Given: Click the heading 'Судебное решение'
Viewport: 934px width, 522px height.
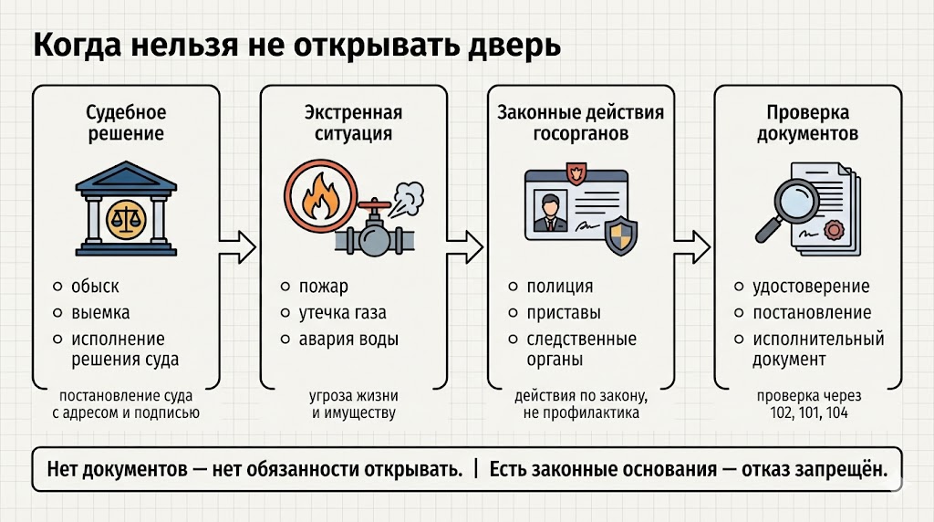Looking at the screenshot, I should [126, 123].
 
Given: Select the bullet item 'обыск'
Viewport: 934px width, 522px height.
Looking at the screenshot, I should [95, 287].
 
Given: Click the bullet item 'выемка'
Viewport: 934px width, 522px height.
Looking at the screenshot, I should [100, 313].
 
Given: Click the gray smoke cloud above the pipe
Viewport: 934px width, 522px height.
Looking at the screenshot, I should [407, 193].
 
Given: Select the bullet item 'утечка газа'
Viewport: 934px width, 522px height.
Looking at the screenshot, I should [342, 313].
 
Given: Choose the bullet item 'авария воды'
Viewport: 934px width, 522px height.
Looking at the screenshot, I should [348, 339].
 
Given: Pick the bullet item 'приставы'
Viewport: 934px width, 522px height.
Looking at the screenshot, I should [564, 313].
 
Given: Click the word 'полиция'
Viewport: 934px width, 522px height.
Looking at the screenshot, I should [559, 287].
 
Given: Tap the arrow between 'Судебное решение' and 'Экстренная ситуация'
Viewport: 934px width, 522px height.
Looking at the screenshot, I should [239, 245].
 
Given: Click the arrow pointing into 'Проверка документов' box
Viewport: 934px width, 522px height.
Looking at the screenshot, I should [692, 245].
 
